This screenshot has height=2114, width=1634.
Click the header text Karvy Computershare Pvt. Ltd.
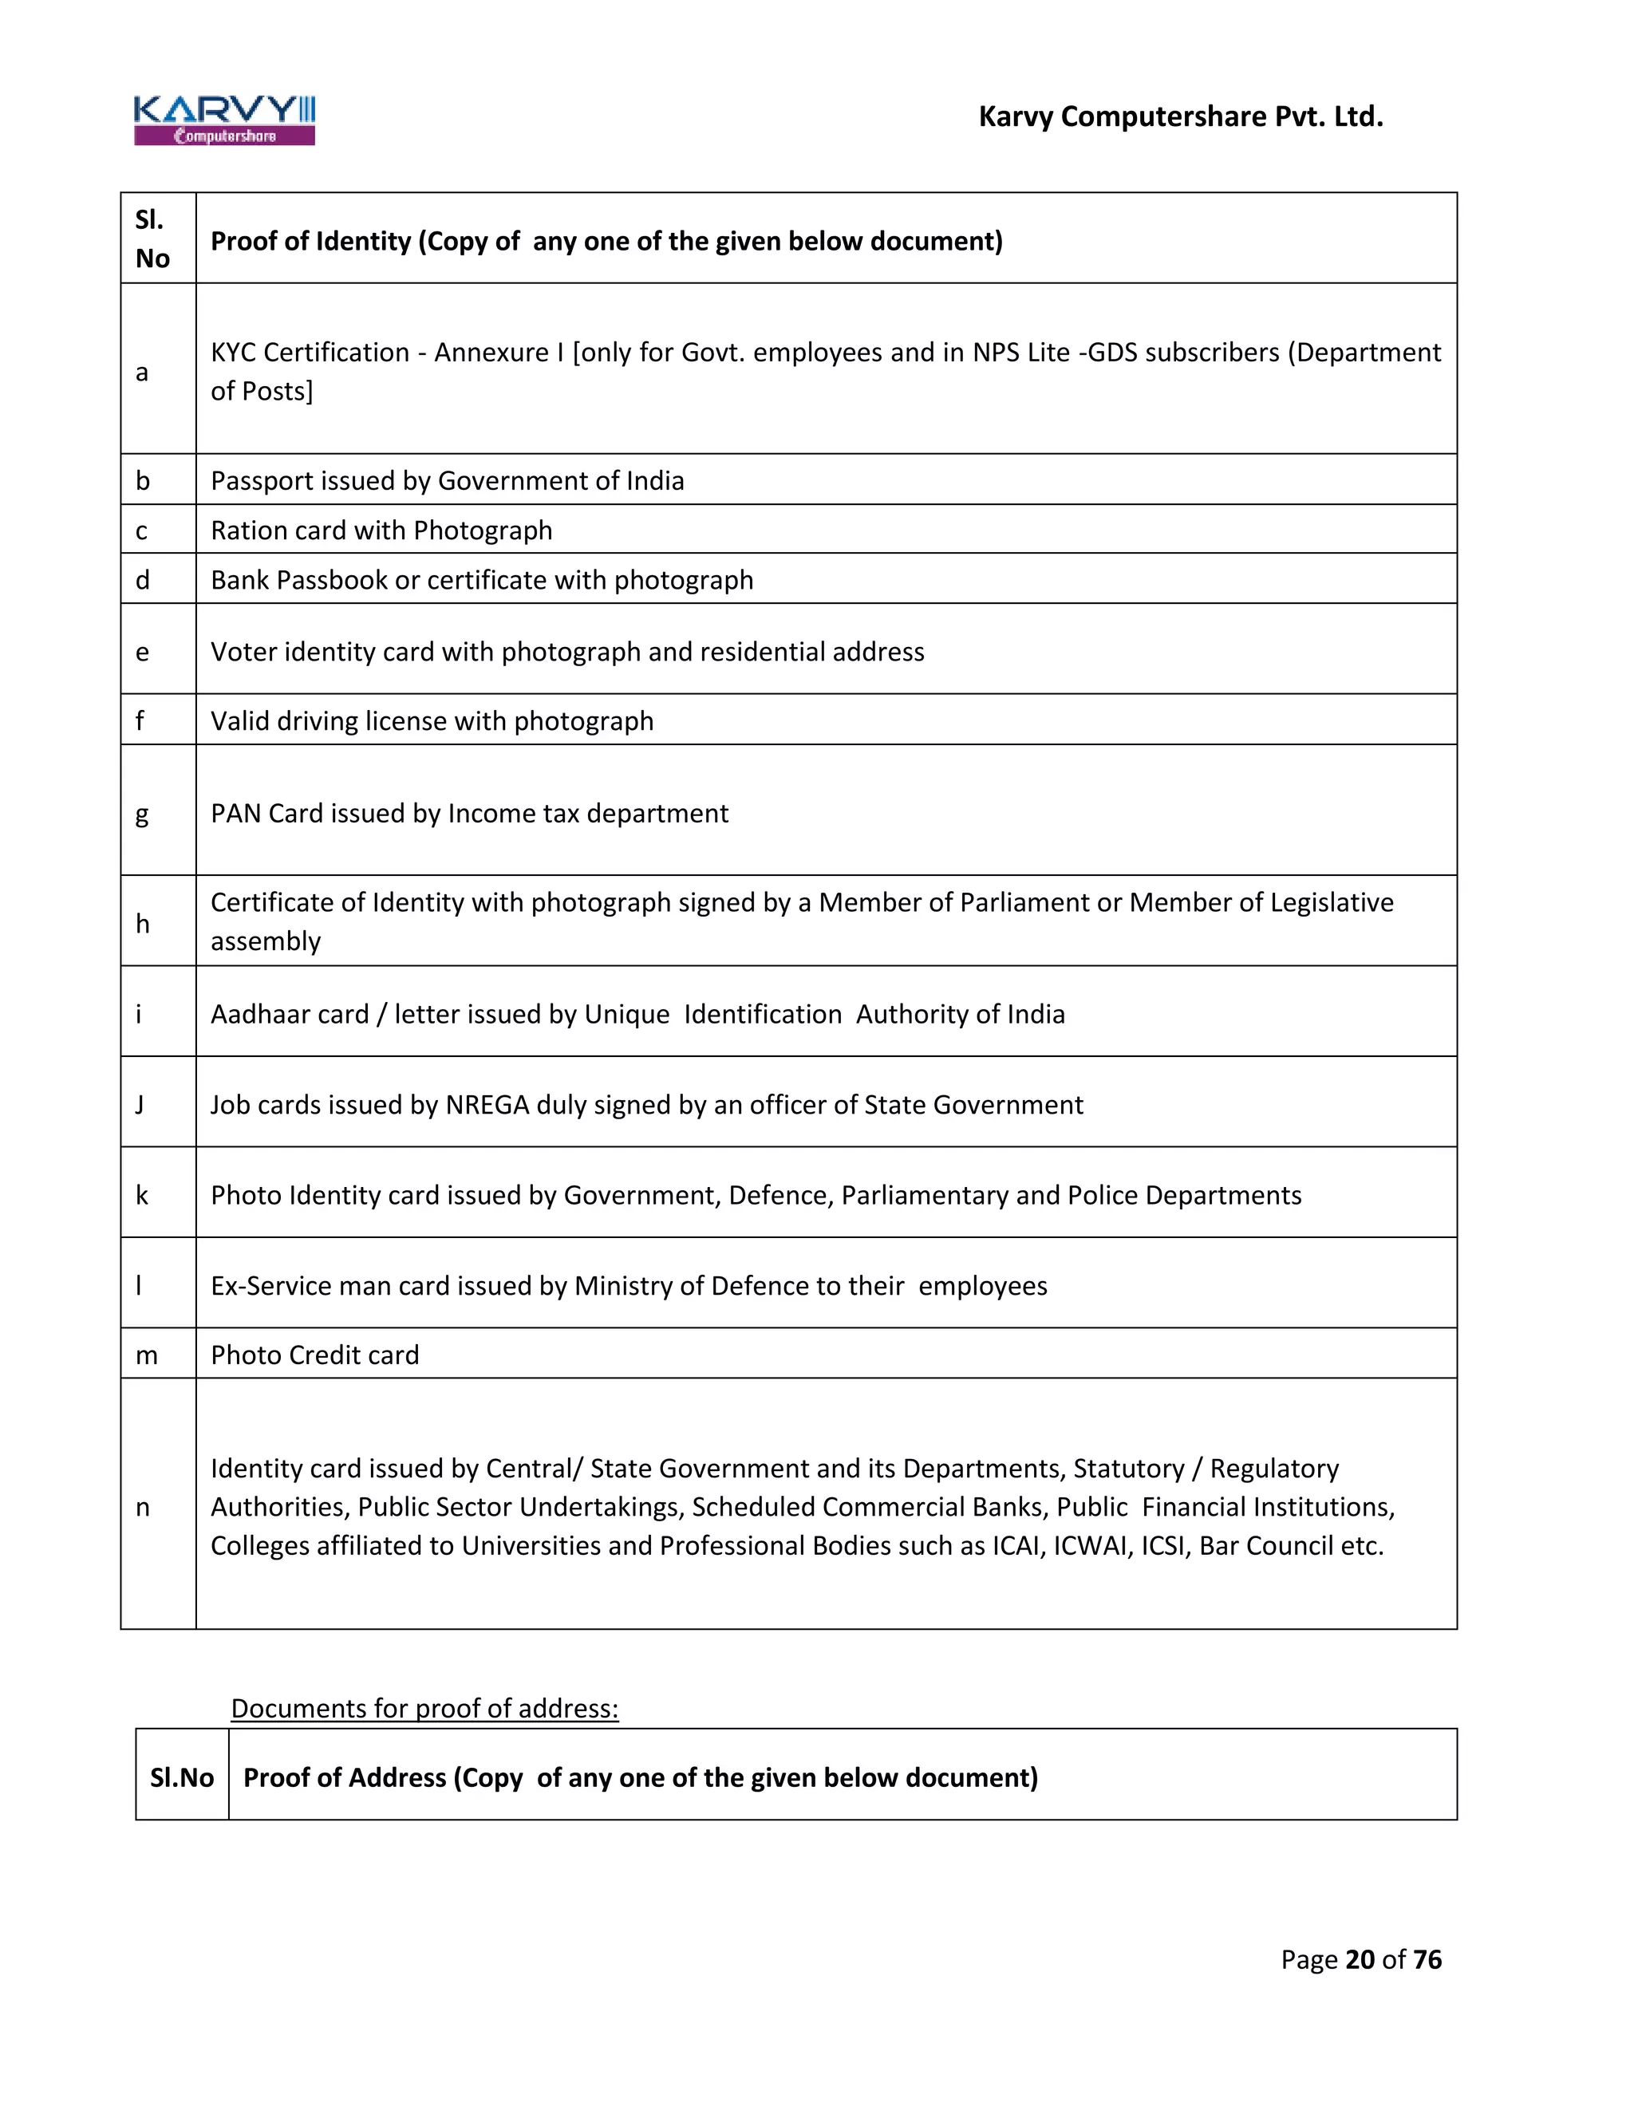(x=1180, y=117)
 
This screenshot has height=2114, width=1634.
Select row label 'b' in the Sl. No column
(x=144, y=481)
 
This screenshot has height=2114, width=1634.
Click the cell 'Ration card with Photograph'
(x=381, y=530)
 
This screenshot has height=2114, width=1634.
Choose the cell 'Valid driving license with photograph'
(x=432, y=721)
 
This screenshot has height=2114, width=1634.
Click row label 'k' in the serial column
(x=142, y=1196)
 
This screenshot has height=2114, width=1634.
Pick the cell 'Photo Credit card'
(x=314, y=1355)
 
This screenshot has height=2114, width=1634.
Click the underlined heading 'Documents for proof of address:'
(x=424, y=1709)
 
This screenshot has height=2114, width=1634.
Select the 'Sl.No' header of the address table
(x=182, y=1778)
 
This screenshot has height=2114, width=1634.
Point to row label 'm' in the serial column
(x=146, y=1355)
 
